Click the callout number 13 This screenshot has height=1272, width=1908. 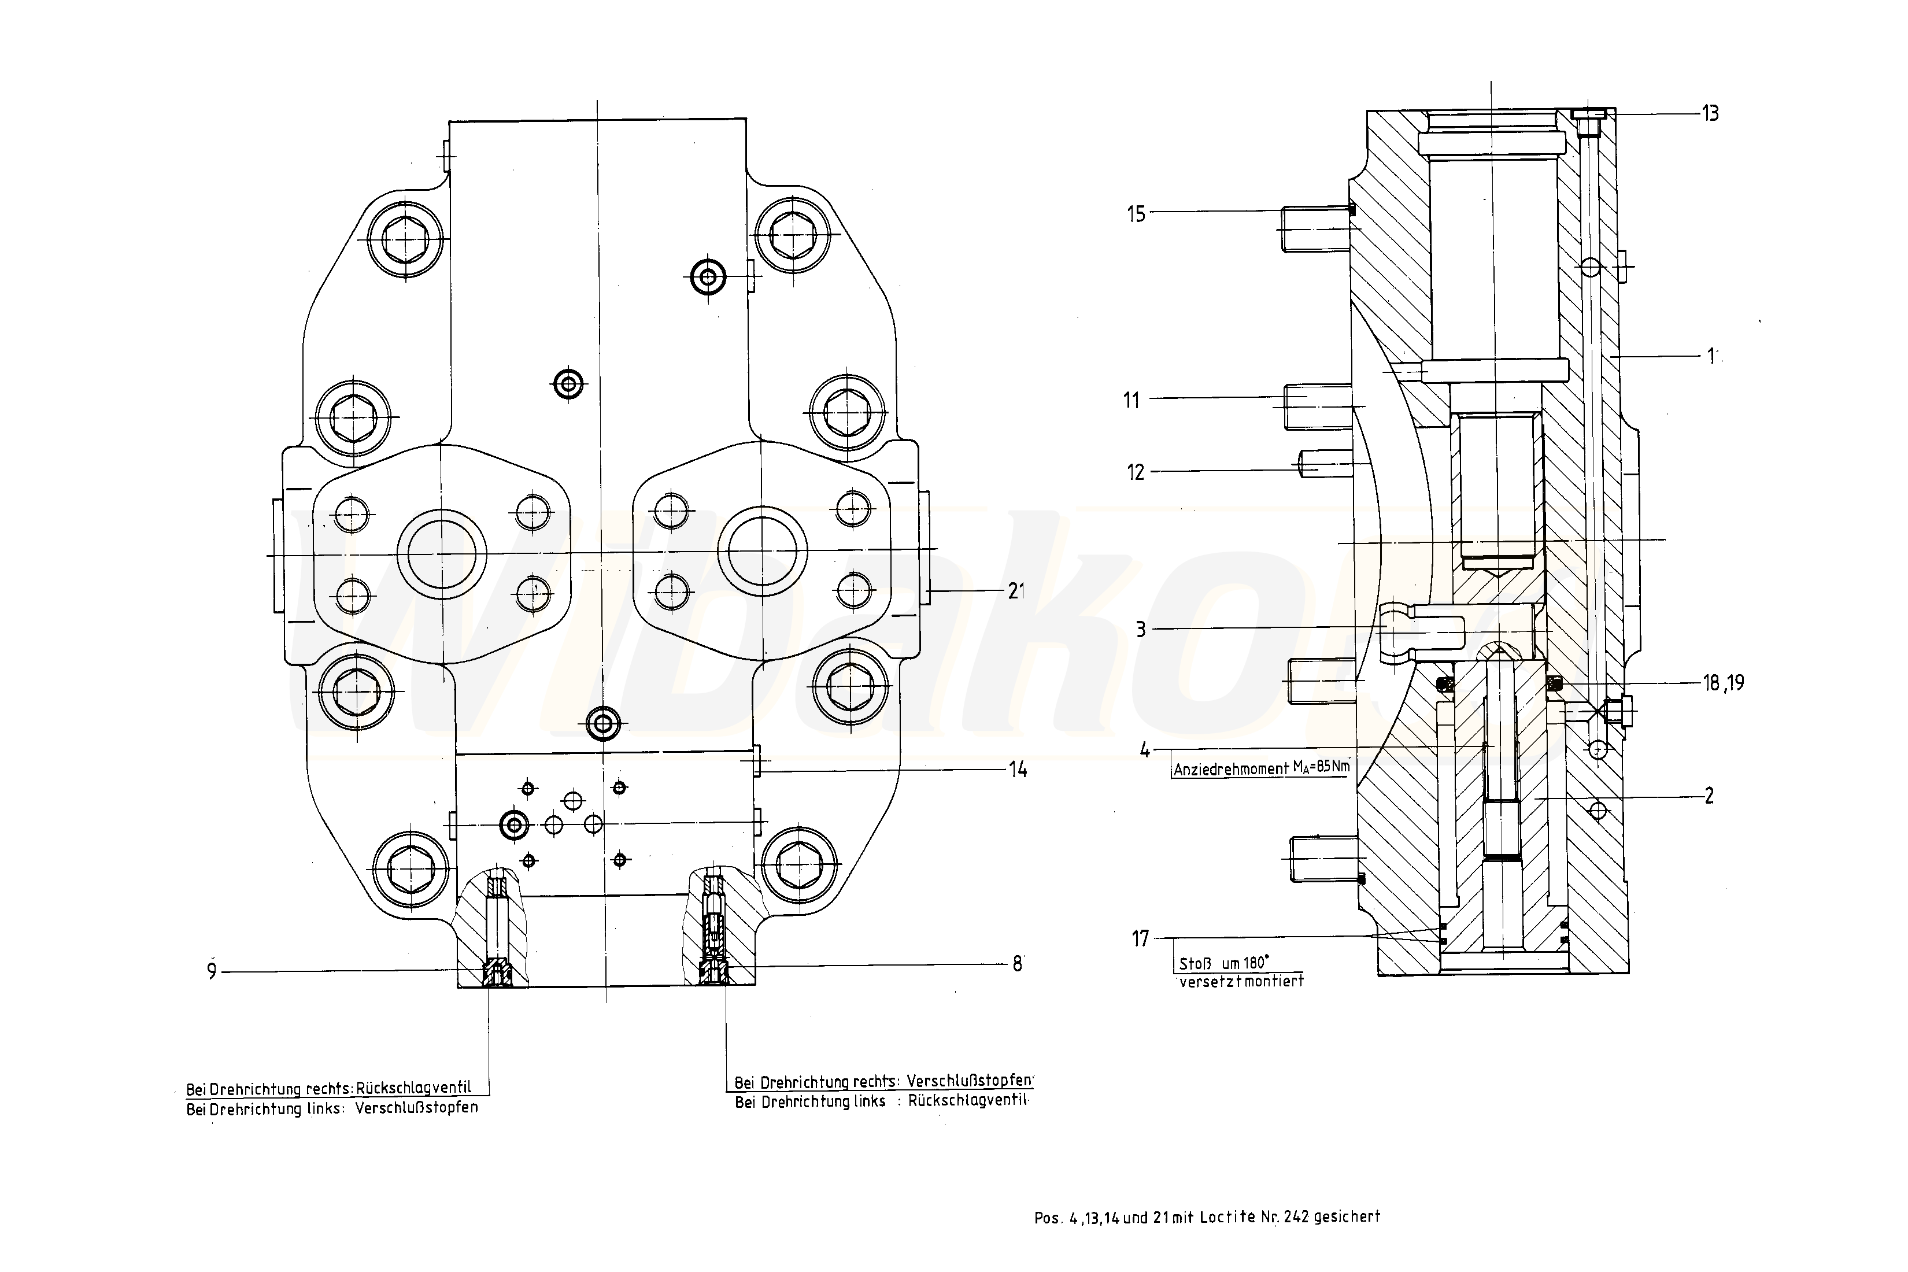1710,113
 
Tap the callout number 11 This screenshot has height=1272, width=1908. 1132,400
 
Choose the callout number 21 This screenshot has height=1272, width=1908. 1016,592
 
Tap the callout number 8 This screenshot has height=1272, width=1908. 1016,964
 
